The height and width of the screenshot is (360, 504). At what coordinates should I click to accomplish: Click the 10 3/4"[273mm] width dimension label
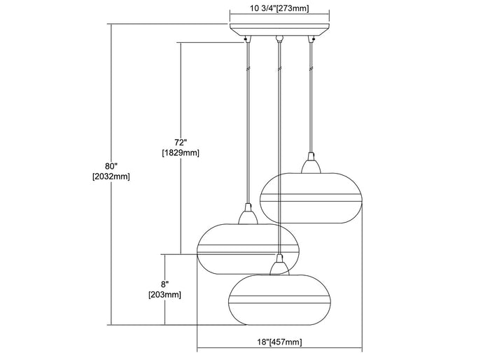tap(279, 9)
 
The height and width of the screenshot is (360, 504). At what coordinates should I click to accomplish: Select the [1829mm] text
tap(181, 153)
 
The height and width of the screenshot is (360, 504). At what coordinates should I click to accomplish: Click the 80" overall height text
tap(110, 165)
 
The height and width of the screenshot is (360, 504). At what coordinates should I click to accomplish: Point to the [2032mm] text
tap(111, 177)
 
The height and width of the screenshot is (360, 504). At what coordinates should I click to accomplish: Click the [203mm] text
tap(164, 295)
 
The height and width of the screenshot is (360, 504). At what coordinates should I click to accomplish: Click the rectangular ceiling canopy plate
tap(280, 30)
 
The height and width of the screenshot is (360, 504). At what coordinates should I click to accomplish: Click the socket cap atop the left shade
tap(246, 214)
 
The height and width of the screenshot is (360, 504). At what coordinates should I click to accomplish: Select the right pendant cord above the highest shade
tap(309, 98)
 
